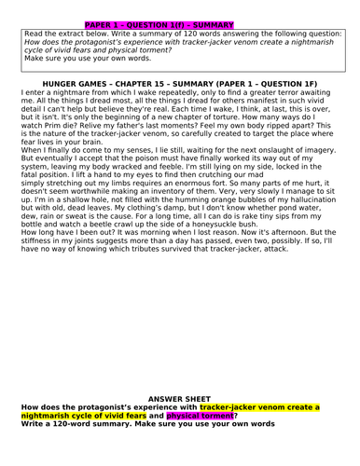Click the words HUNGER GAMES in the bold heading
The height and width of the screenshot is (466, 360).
pyautogui.click(x=94, y=83)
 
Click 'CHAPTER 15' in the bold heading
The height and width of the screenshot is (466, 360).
pyautogui.click(x=171, y=83)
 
